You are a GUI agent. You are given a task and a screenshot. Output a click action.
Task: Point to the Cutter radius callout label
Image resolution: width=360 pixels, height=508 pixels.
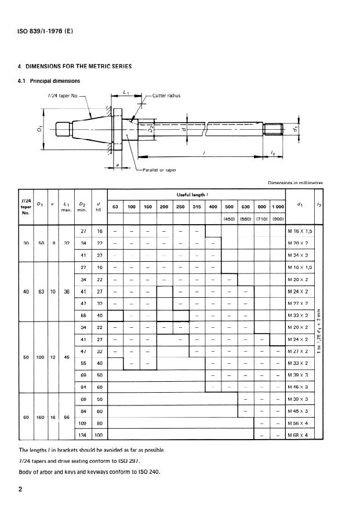click(166, 96)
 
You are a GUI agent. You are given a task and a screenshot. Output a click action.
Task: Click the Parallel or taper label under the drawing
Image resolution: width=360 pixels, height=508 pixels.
click(159, 170)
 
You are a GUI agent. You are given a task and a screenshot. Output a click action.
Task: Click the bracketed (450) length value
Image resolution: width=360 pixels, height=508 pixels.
click(230, 220)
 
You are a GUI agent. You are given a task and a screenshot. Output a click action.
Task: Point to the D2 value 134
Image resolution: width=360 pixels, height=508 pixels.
click(82, 435)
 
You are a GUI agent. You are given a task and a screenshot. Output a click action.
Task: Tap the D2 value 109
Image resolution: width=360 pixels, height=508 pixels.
click(82, 424)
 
